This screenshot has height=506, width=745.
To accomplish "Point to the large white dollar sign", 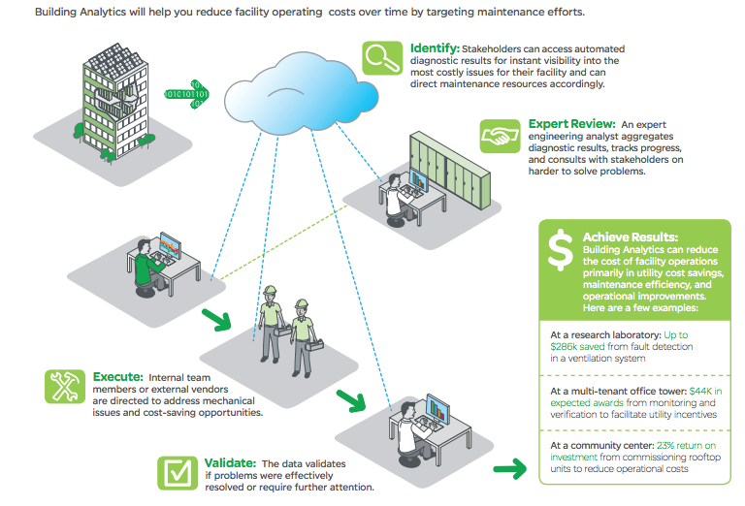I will pyautogui.click(x=560, y=250).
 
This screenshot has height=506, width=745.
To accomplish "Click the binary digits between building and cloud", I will pyautogui.click(x=186, y=95).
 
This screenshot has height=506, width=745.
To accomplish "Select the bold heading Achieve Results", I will pyautogui.click(x=630, y=237).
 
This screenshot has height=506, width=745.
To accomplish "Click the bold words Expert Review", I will pyautogui.click(x=571, y=124).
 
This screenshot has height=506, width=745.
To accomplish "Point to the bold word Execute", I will pyautogui.click(x=118, y=376).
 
